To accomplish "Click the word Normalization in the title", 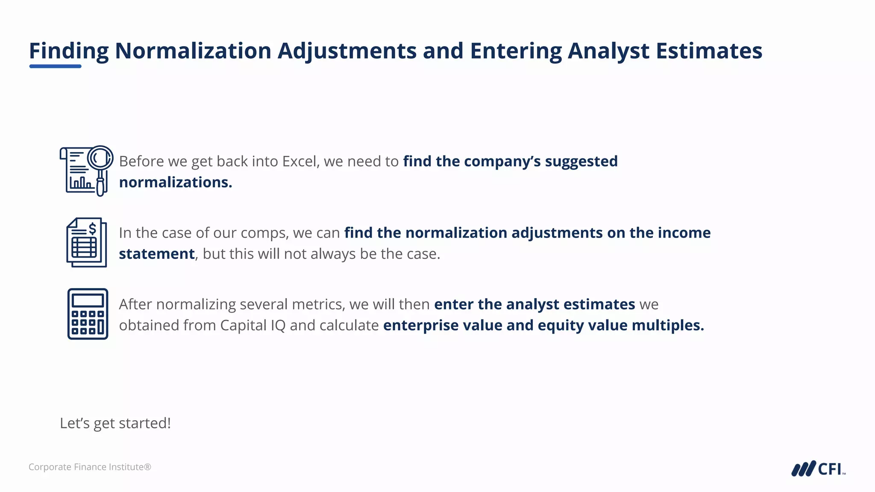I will tap(193, 51).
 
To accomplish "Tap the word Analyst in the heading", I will tap(608, 51).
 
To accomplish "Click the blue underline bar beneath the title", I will tap(55, 66).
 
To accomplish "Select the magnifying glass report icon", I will tap(86, 170).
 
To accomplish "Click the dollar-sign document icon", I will tap(87, 242).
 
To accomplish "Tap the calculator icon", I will tap(88, 314).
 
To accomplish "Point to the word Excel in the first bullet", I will tap(300, 161).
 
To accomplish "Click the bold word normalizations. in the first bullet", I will tap(176, 182).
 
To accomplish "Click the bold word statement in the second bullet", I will tap(157, 254).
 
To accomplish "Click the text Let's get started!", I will tap(115, 423).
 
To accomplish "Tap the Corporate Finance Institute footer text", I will tap(90, 467).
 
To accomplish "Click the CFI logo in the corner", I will tap(818, 469).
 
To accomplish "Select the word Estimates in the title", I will tap(709, 51).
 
